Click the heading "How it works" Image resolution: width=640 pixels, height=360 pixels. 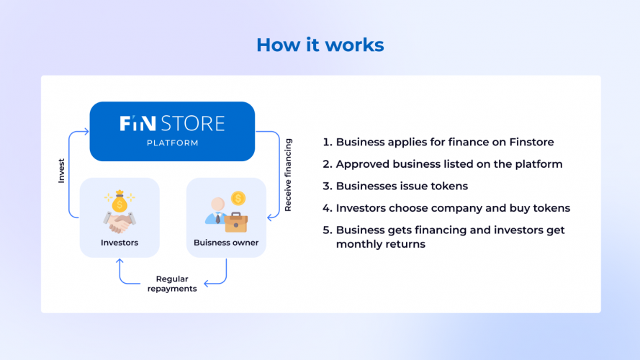tap(320, 45)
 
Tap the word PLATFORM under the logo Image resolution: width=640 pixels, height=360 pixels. tap(172, 143)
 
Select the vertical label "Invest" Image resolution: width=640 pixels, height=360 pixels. tap(61, 171)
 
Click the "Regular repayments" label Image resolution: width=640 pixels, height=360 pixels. tap(173, 283)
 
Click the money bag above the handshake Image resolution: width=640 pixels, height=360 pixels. tap(119, 203)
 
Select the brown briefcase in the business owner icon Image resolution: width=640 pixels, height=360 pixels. tap(237, 222)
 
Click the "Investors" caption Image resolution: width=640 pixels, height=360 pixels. tap(119, 243)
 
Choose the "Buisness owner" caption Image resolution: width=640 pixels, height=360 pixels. tap(226, 243)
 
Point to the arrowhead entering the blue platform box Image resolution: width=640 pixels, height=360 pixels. tap(86, 131)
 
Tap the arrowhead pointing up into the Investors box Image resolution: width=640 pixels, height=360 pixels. tap(119, 261)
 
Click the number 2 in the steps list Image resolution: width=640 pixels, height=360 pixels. tap(326, 164)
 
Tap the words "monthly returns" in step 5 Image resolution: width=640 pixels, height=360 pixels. tap(380, 244)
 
